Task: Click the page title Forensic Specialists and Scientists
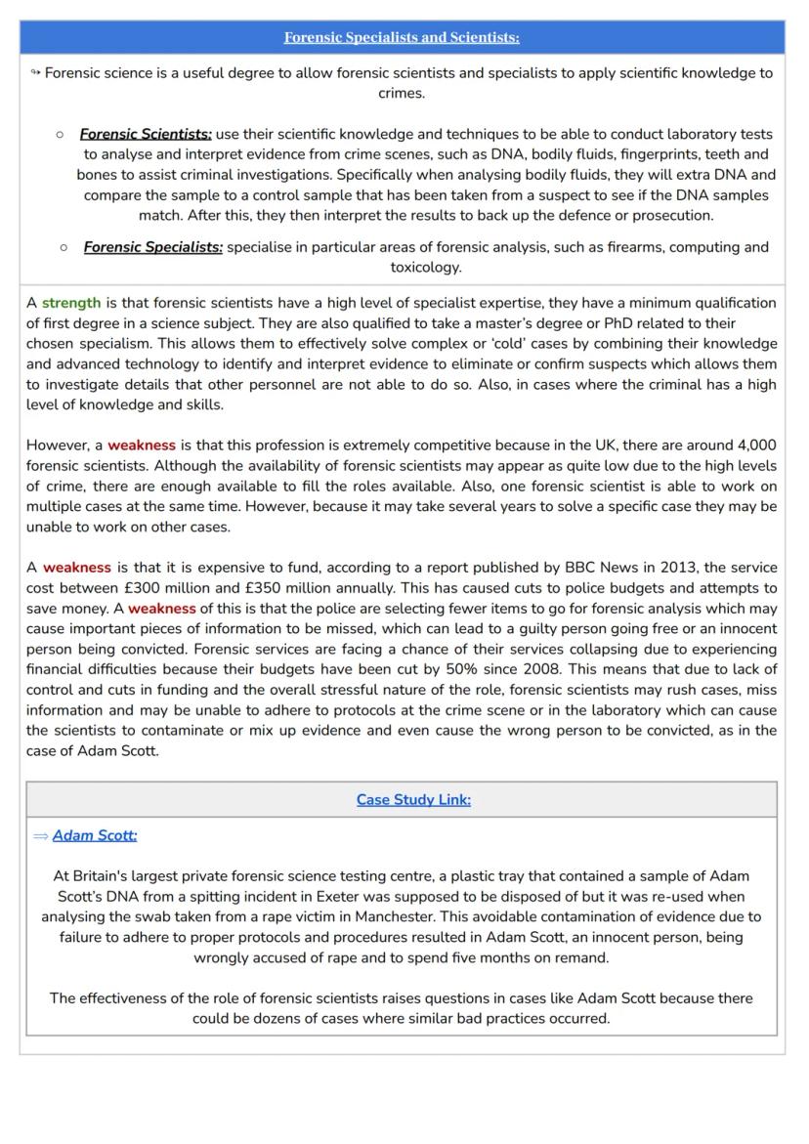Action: [x=402, y=37]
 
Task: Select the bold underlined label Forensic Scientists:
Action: [x=146, y=134]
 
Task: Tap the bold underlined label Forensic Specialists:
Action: [x=152, y=247]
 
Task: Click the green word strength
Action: [x=71, y=303]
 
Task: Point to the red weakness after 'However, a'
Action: [x=142, y=445]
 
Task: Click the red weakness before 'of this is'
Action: [x=162, y=608]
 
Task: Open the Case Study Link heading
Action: [x=413, y=799]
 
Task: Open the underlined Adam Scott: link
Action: [x=95, y=835]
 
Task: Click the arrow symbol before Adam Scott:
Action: [x=40, y=835]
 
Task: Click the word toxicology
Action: [x=425, y=267]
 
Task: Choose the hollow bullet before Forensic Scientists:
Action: [x=61, y=134]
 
